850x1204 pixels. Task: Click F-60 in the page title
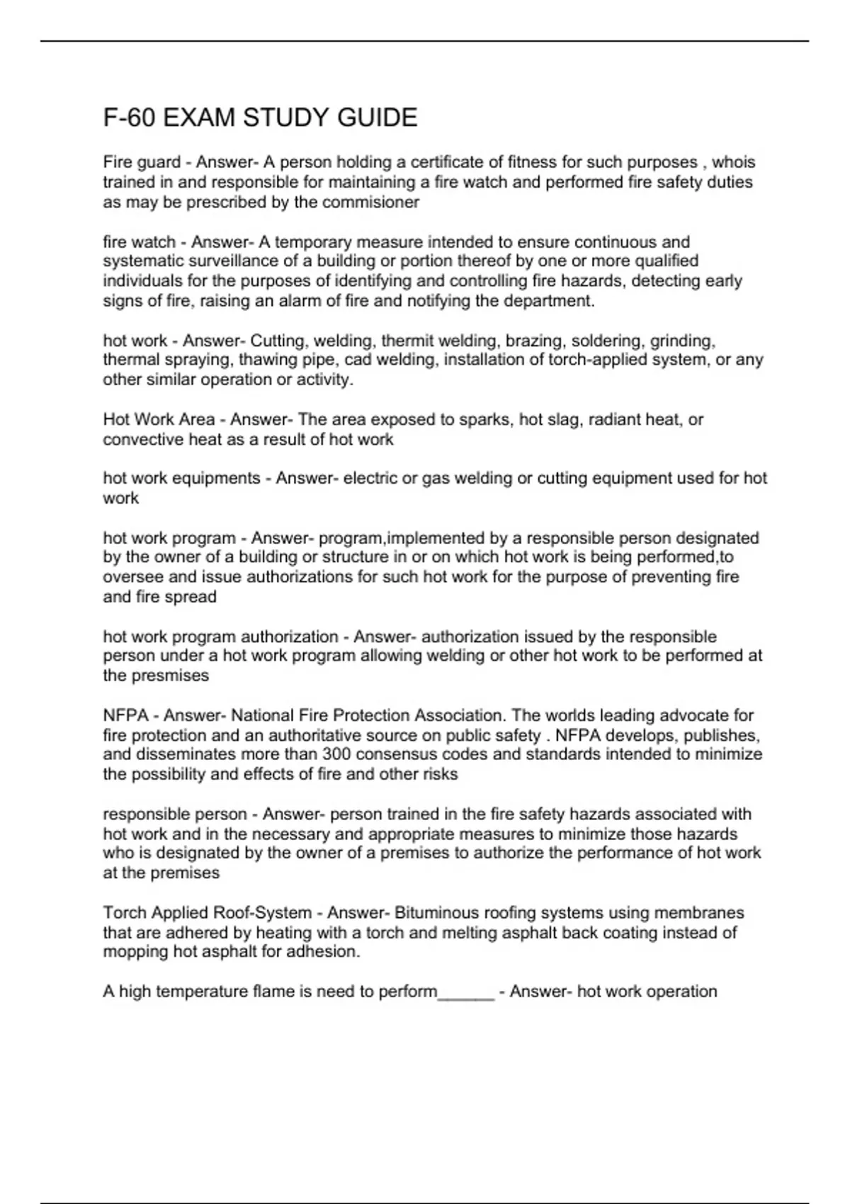click(x=129, y=118)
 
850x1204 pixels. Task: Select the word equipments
click(x=221, y=479)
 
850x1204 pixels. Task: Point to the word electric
click(x=370, y=479)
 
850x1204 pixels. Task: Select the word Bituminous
click(x=441, y=913)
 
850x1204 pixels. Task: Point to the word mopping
click(x=135, y=952)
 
